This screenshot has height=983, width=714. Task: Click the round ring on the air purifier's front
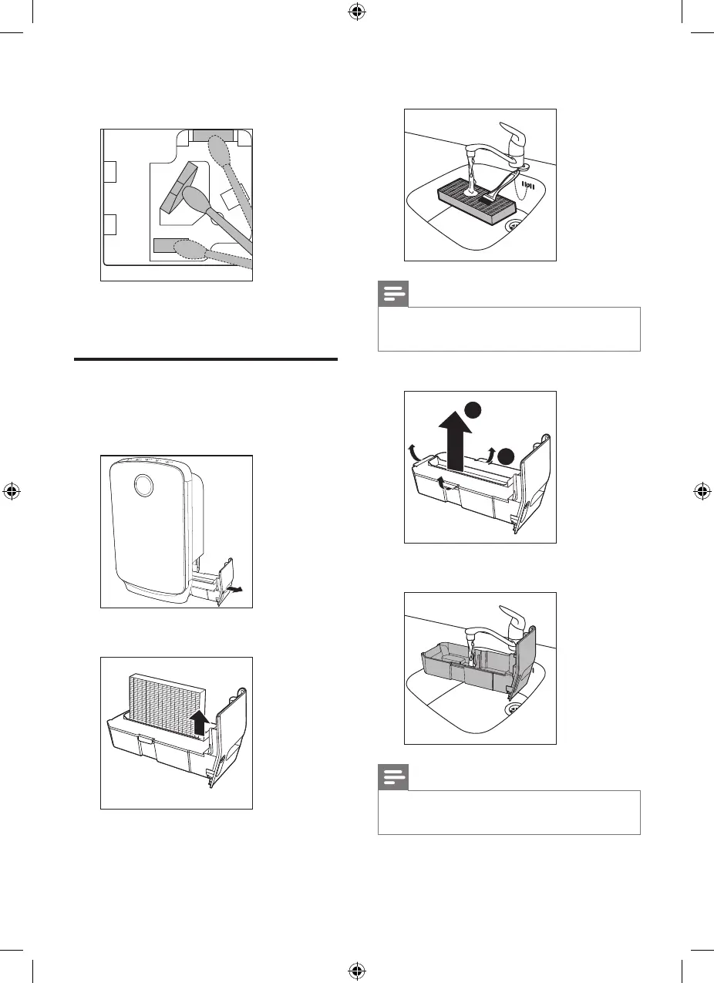tap(143, 485)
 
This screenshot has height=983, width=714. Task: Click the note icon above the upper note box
tap(392, 295)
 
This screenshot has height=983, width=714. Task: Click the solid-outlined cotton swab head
tap(195, 201)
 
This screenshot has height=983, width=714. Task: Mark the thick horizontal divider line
tap(207, 359)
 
